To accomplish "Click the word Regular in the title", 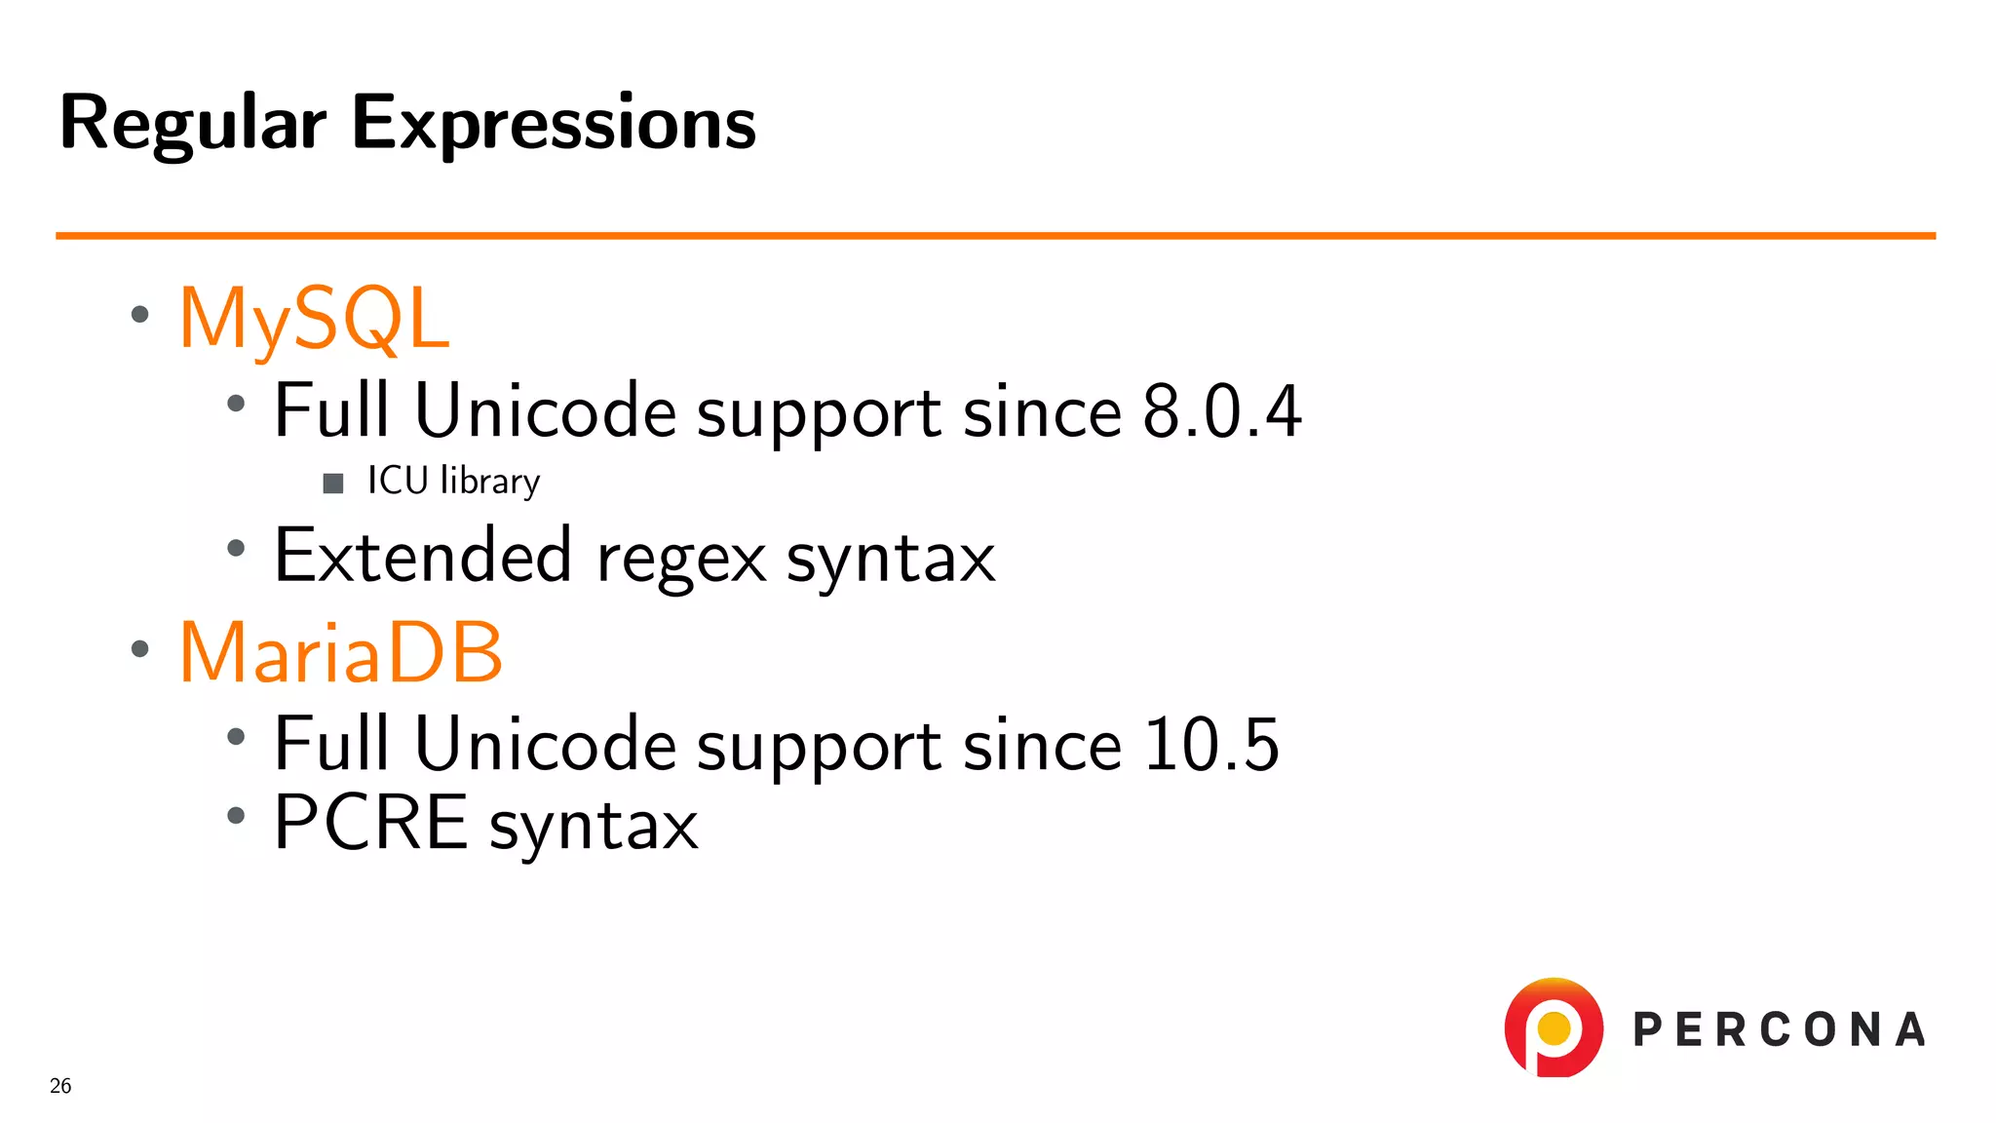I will pyautogui.click(x=192, y=125).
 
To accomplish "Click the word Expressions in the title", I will pyautogui.click(x=553, y=125).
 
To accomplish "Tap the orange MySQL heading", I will pyautogui.click(x=314, y=320).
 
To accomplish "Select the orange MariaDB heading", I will pyautogui.click(x=341, y=653).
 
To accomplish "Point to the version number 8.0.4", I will pyautogui.click(x=1221, y=411).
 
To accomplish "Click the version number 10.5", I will pyautogui.click(x=1210, y=745).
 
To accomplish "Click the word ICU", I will pyautogui.click(x=398, y=481).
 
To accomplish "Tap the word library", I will pyautogui.click(x=489, y=482).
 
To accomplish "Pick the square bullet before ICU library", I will pyautogui.click(x=333, y=484).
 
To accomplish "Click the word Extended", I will pyautogui.click(x=422, y=556).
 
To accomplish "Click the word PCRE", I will pyautogui.click(x=370, y=823).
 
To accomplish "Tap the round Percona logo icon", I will pyautogui.click(x=1553, y=1028).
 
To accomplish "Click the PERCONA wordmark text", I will pyautogui.click(x=1779, y=1030).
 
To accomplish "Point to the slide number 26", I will pyautogui.click(x=60, y=1086).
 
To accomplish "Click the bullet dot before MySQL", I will pyautogui.click(x=140, y=314).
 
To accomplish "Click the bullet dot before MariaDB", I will pyautogui.click(x=140, y=648).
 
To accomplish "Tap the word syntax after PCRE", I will pyautogui.click(x=594, y=827).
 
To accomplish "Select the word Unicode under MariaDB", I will pyautogui.click(x=545, y=745).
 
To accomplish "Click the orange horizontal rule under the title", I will pyautogui.click(x=994, y=235).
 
